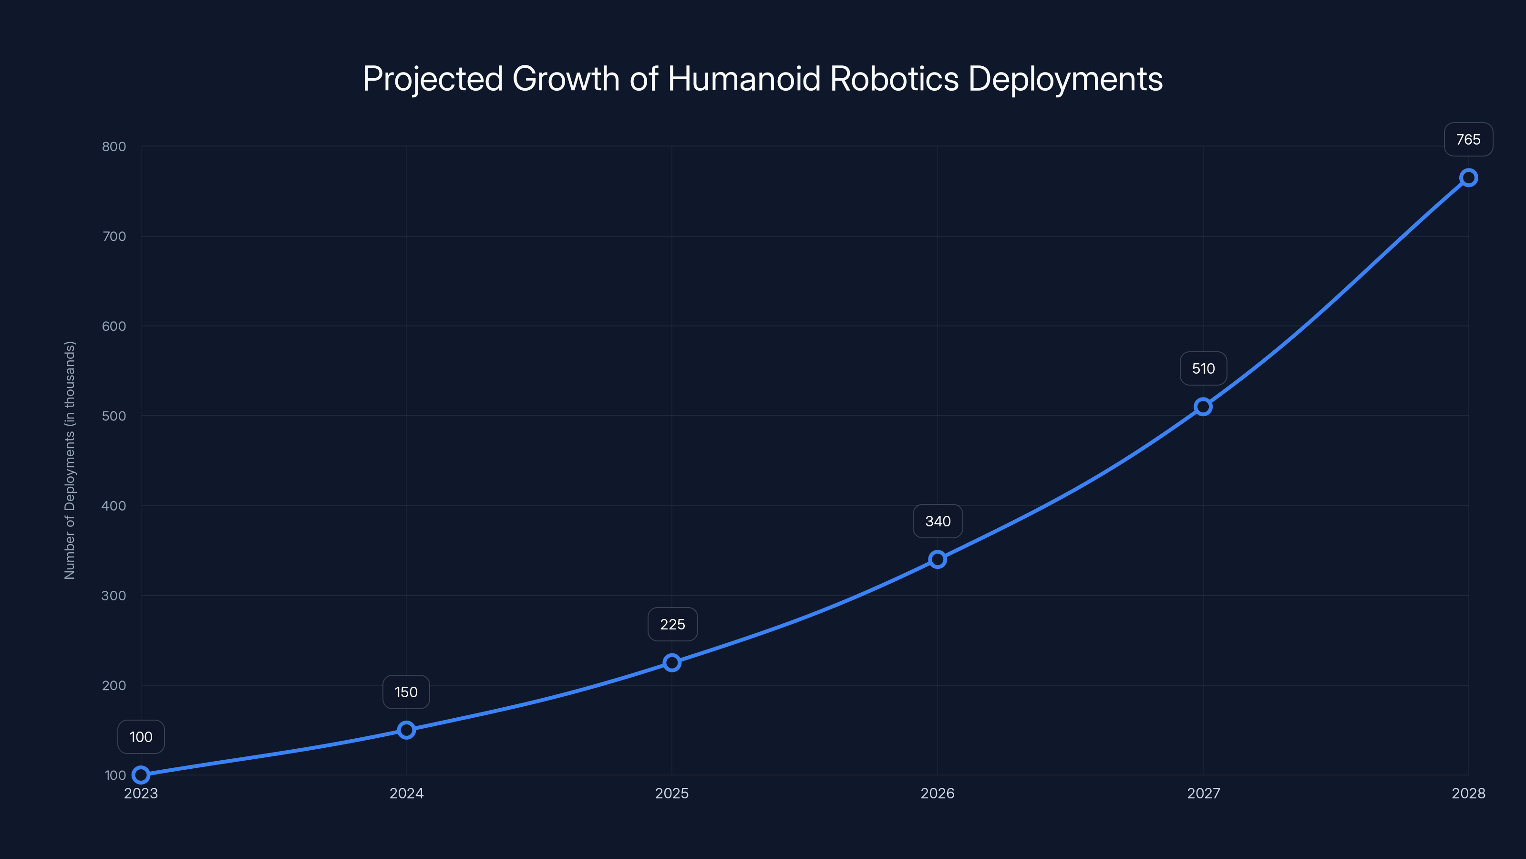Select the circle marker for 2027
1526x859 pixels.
[1203, 407]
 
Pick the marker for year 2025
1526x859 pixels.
[672, 662]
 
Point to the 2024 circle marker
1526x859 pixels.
[406, 730]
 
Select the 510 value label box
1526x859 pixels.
[1203, 369]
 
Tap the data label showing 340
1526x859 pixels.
[937, 521]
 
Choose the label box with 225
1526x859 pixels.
[672, 624]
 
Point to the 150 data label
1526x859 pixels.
[406, 692]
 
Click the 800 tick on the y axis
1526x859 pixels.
[114, 147]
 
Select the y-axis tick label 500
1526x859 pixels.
[114, 416]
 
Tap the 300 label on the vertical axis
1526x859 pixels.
[114, 595]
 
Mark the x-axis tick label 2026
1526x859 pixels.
[937, 793]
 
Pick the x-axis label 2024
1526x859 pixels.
[406, 793]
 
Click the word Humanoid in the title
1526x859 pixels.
[744, 78]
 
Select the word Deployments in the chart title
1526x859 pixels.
[1065, 79]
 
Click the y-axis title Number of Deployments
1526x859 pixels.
[70, 460]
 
